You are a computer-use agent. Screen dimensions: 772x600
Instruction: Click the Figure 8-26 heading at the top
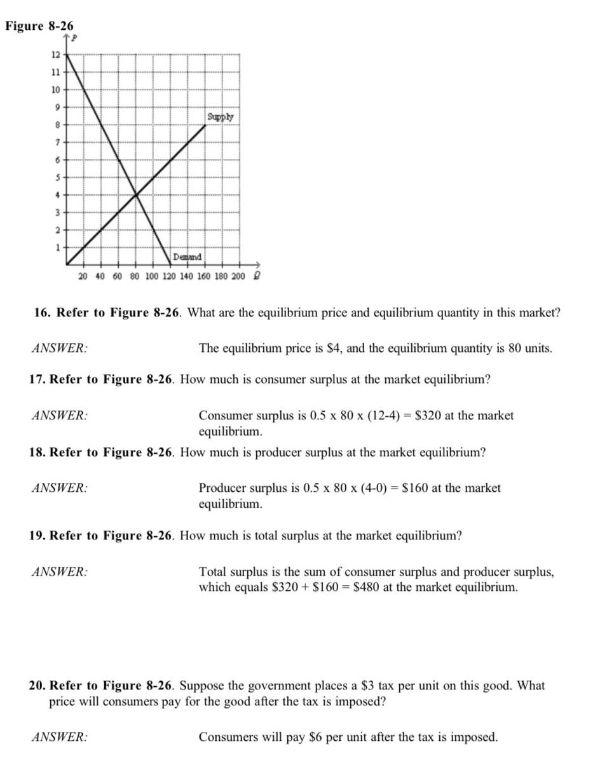point(39,26)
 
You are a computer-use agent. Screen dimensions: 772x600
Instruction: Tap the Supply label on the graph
point(220,117)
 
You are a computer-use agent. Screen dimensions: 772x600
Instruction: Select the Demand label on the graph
point(187,257)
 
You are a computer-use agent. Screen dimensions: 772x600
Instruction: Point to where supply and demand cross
point(135,194)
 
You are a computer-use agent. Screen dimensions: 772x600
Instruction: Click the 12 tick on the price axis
point(55,54)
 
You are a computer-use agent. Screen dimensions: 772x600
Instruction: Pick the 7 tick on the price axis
point(56,141)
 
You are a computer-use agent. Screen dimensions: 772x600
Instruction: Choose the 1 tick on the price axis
point(56,247)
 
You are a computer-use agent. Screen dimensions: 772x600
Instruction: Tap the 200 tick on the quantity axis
point(238,276)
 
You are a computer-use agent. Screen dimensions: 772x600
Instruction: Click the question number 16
point(42,312)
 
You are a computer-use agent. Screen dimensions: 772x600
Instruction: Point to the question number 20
point(37,686)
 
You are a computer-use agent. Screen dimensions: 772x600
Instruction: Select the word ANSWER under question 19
point(60,572)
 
